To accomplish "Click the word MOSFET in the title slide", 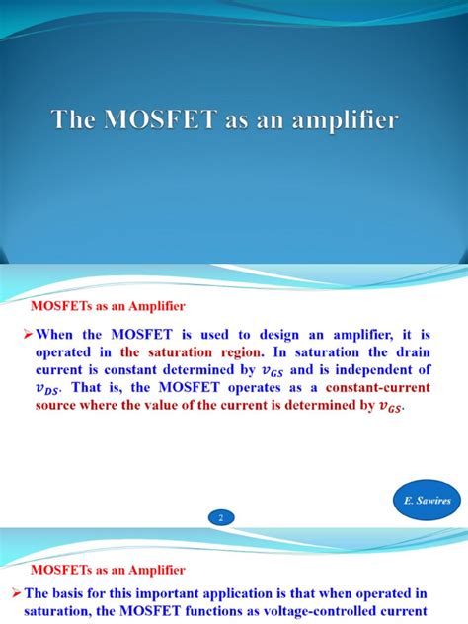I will click(x=150, y=121).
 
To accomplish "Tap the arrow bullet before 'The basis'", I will click(x=29, y=592).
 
